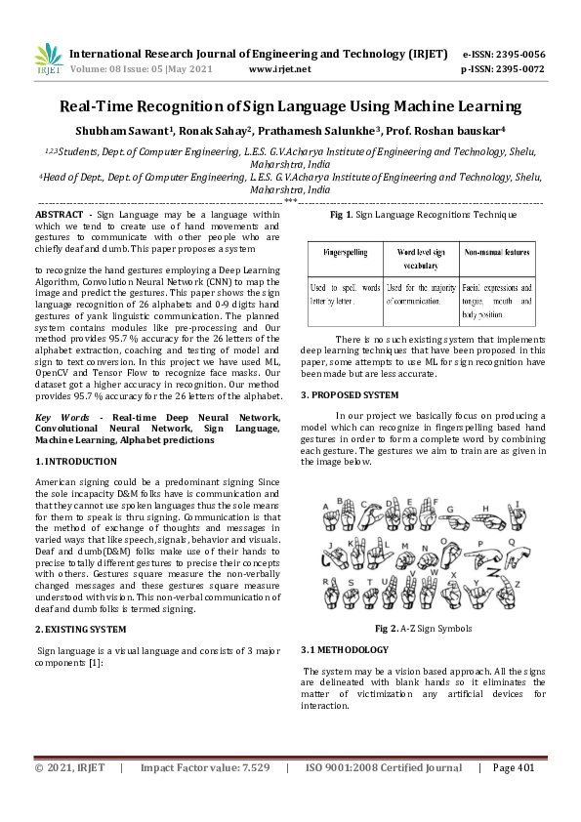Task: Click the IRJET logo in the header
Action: click(48, 61)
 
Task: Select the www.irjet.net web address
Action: click(280, 70)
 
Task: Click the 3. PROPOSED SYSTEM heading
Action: click(350, 394)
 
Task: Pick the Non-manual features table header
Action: click(496, 252)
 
